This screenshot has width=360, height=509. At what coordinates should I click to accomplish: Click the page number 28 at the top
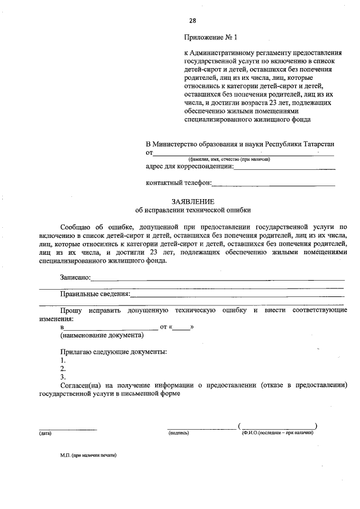(192, 21)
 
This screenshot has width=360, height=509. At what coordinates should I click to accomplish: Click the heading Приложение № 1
(211, 38)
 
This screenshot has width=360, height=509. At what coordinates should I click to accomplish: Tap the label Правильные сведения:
(95, 294)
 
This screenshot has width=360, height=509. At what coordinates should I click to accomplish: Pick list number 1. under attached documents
(63, 360)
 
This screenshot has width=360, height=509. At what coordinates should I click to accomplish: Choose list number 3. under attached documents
(63, 376)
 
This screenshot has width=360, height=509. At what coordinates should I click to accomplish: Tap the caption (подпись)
(178, 433)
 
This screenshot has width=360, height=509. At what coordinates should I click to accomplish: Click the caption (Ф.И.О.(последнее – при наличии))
(277, 433)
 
